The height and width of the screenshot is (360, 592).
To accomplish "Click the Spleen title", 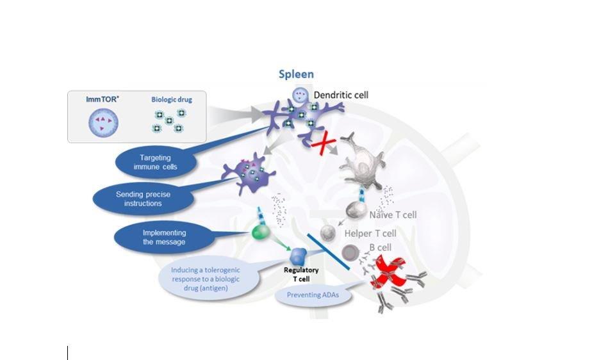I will tap(296, 74).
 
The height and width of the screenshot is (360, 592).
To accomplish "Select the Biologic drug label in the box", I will tap(171, 100).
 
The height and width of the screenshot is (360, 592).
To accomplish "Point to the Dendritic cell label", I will tap(341, 95).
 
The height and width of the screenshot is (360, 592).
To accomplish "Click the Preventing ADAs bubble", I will tap(308, 296).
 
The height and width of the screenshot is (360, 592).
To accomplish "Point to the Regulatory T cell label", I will tap(301, 274).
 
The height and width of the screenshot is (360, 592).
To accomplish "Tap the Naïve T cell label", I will tap(393, 215).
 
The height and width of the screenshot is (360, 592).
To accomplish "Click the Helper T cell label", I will tap(370, 234).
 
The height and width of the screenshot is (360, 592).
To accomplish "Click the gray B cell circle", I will tap(350, 252).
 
